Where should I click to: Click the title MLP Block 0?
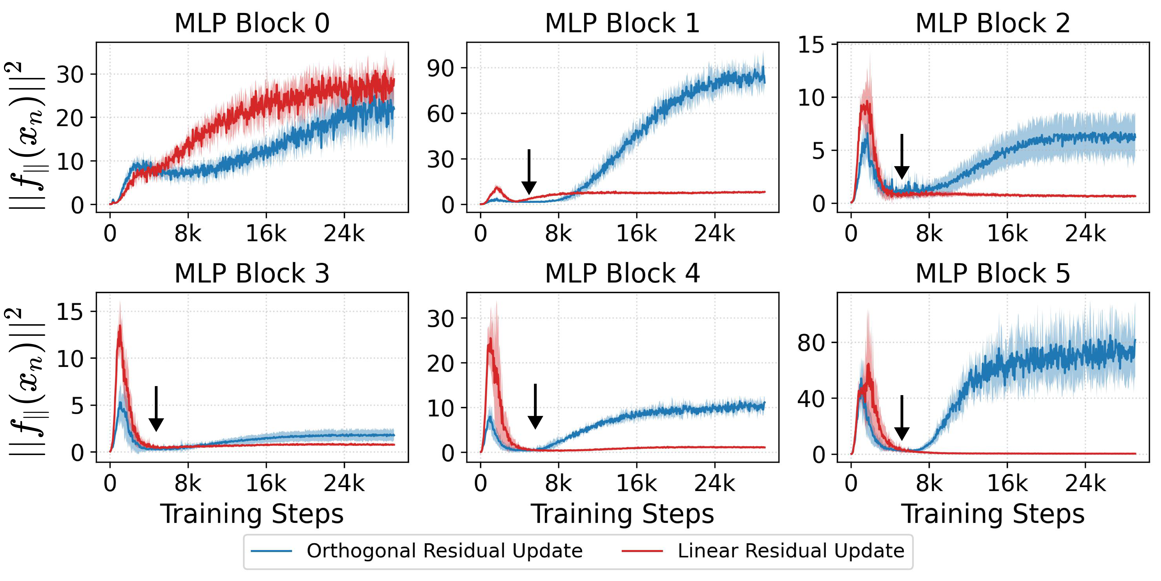point(252,23)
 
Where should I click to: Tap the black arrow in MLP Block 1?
point(529,171)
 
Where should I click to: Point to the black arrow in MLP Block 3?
point(156,408)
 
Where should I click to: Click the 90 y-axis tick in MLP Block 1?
point(440,69)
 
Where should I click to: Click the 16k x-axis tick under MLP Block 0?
point(266,234)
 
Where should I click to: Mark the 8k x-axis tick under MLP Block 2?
point(929,234)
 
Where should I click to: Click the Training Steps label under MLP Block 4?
point(622,514)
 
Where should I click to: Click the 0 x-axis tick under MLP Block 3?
point(110,484)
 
